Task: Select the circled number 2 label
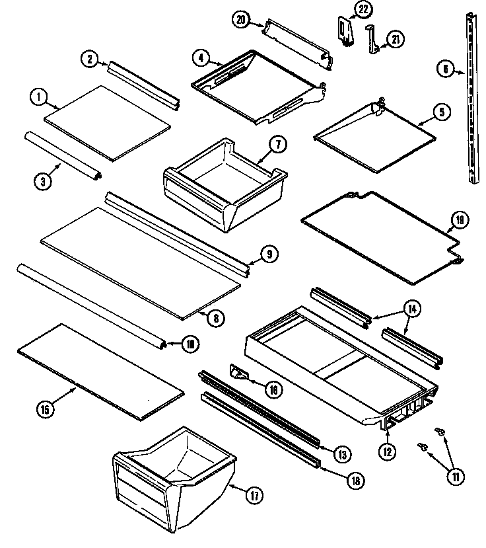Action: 90,59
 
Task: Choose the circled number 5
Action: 440,112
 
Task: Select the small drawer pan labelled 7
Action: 225,185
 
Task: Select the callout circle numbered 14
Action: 412,308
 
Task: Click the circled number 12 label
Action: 388,452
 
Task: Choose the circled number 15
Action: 45,409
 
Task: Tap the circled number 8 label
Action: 215,317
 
